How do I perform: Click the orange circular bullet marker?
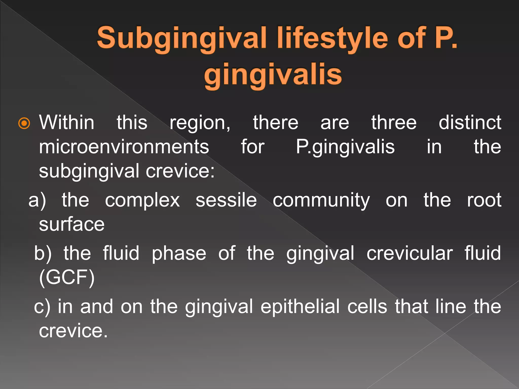24,123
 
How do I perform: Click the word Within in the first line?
67,123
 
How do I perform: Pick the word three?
394,123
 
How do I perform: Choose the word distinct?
470,123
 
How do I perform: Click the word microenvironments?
124,147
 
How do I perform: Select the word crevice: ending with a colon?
180,171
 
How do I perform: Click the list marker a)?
37,200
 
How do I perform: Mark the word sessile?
226,200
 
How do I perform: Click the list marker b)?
43,253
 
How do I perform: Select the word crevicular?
410,254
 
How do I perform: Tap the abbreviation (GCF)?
67,278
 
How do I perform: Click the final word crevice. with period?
73,331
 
